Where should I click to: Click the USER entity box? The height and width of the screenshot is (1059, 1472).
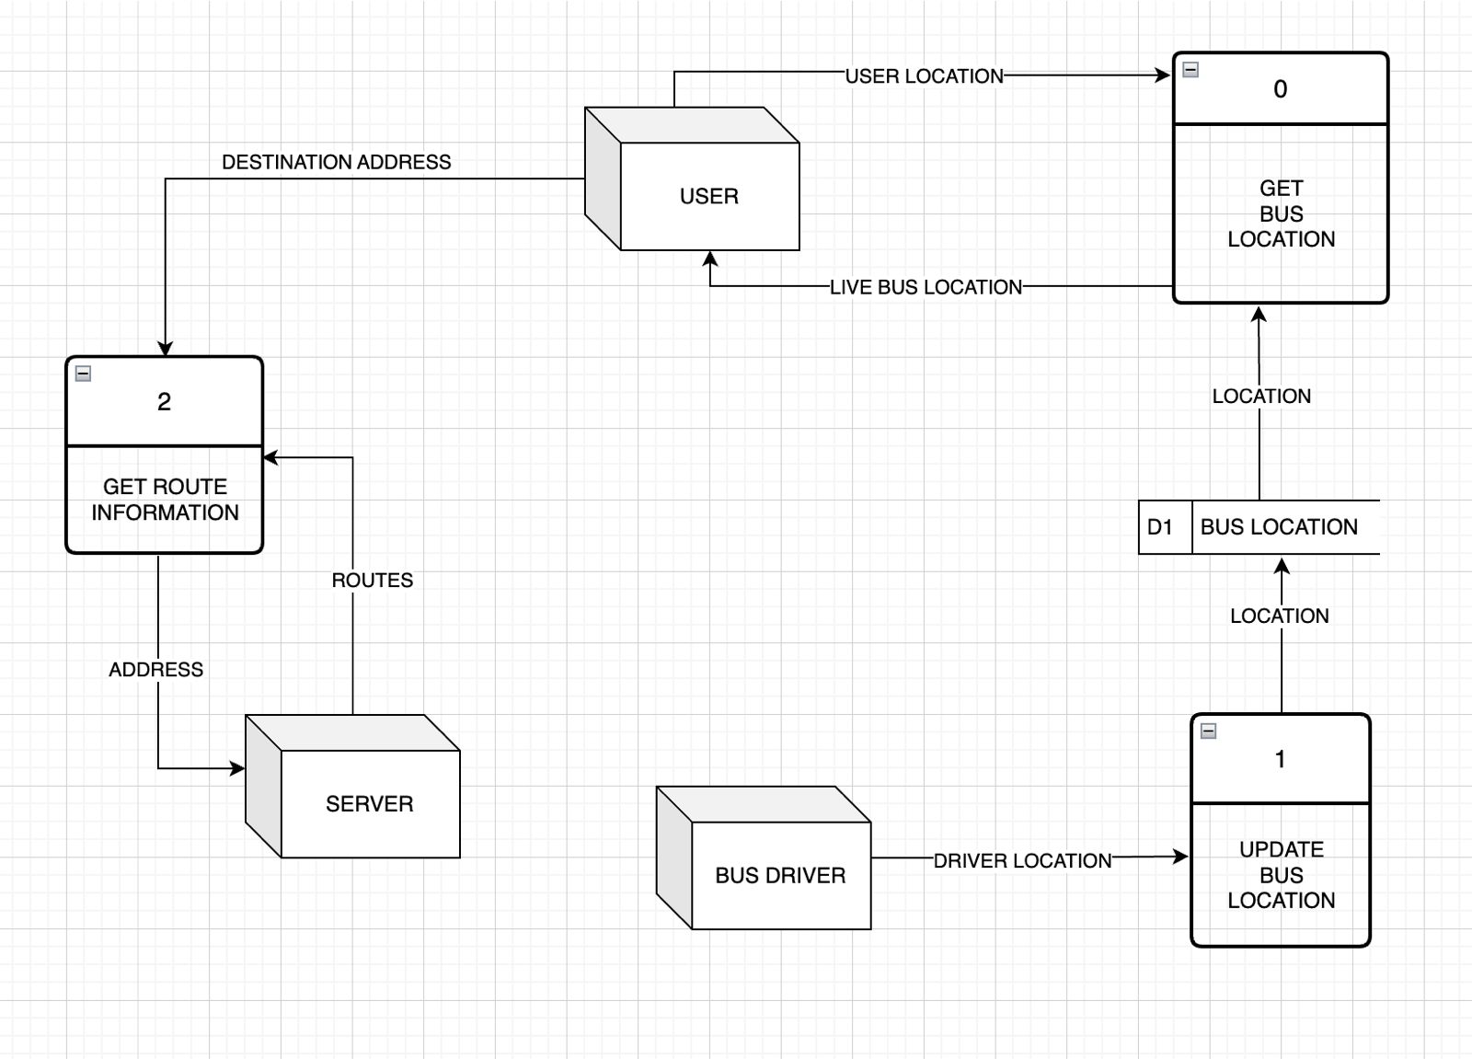click(708, 196)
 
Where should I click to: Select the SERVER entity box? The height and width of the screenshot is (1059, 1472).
click(369, 803)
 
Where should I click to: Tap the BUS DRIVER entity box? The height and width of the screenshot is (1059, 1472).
click(780, 875)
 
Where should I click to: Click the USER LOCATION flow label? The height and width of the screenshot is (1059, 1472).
click(924, 76)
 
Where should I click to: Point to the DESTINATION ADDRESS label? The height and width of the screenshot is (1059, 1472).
click(336, 162)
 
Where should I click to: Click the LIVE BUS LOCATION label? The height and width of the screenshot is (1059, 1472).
click(926, 287)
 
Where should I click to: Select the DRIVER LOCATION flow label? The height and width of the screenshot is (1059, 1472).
click(1022, 860)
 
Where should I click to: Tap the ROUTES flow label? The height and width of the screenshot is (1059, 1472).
click(372, 580)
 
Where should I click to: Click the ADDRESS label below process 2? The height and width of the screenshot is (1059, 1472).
click(155, 669)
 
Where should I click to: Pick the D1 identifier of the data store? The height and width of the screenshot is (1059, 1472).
click(1160, 527)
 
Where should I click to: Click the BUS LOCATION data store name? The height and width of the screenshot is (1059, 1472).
click(1279, 527)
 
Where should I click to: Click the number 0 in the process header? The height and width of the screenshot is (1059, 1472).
click(1280, 89)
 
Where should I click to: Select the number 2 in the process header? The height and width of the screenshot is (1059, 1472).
click(164, 402)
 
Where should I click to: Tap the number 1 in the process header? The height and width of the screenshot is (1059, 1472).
click(1280, 759)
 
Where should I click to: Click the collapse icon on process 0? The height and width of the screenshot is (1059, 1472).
click(1190, 70)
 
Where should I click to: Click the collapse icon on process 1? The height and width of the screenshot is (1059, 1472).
click(1209, 731)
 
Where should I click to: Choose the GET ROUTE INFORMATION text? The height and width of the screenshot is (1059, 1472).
click(165, 500)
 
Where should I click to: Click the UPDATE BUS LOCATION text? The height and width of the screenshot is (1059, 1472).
click(1281, 875)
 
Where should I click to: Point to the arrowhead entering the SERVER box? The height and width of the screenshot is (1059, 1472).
click(238, 767)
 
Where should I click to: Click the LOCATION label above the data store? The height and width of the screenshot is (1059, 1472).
click(1261, 396)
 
